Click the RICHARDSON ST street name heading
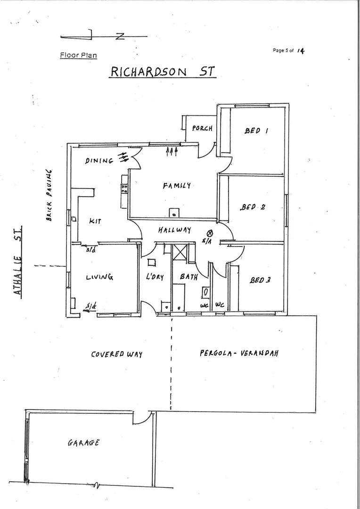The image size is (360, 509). [x=163, y=72]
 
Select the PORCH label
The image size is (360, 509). [x=202, y=128]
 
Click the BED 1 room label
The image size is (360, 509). [x=256, y=131]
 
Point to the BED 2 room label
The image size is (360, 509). [x=253, y=207]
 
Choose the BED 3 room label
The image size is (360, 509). [x=260, y=280]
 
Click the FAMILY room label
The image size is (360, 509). [x=177, y=185]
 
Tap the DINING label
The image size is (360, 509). [x=99, y=161]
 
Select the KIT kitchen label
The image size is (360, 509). [x=95, y=221]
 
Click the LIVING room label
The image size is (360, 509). [x=99, y=277]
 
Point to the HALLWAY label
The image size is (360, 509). [x=174, y=230]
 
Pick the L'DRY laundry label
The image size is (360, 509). [x=155, y=277]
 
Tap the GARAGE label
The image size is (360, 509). [x=83, y=443]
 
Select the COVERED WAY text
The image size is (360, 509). [x=116, y=354]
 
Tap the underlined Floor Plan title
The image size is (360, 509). [x=78, y=55]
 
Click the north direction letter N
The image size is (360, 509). [x=120, y=36]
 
